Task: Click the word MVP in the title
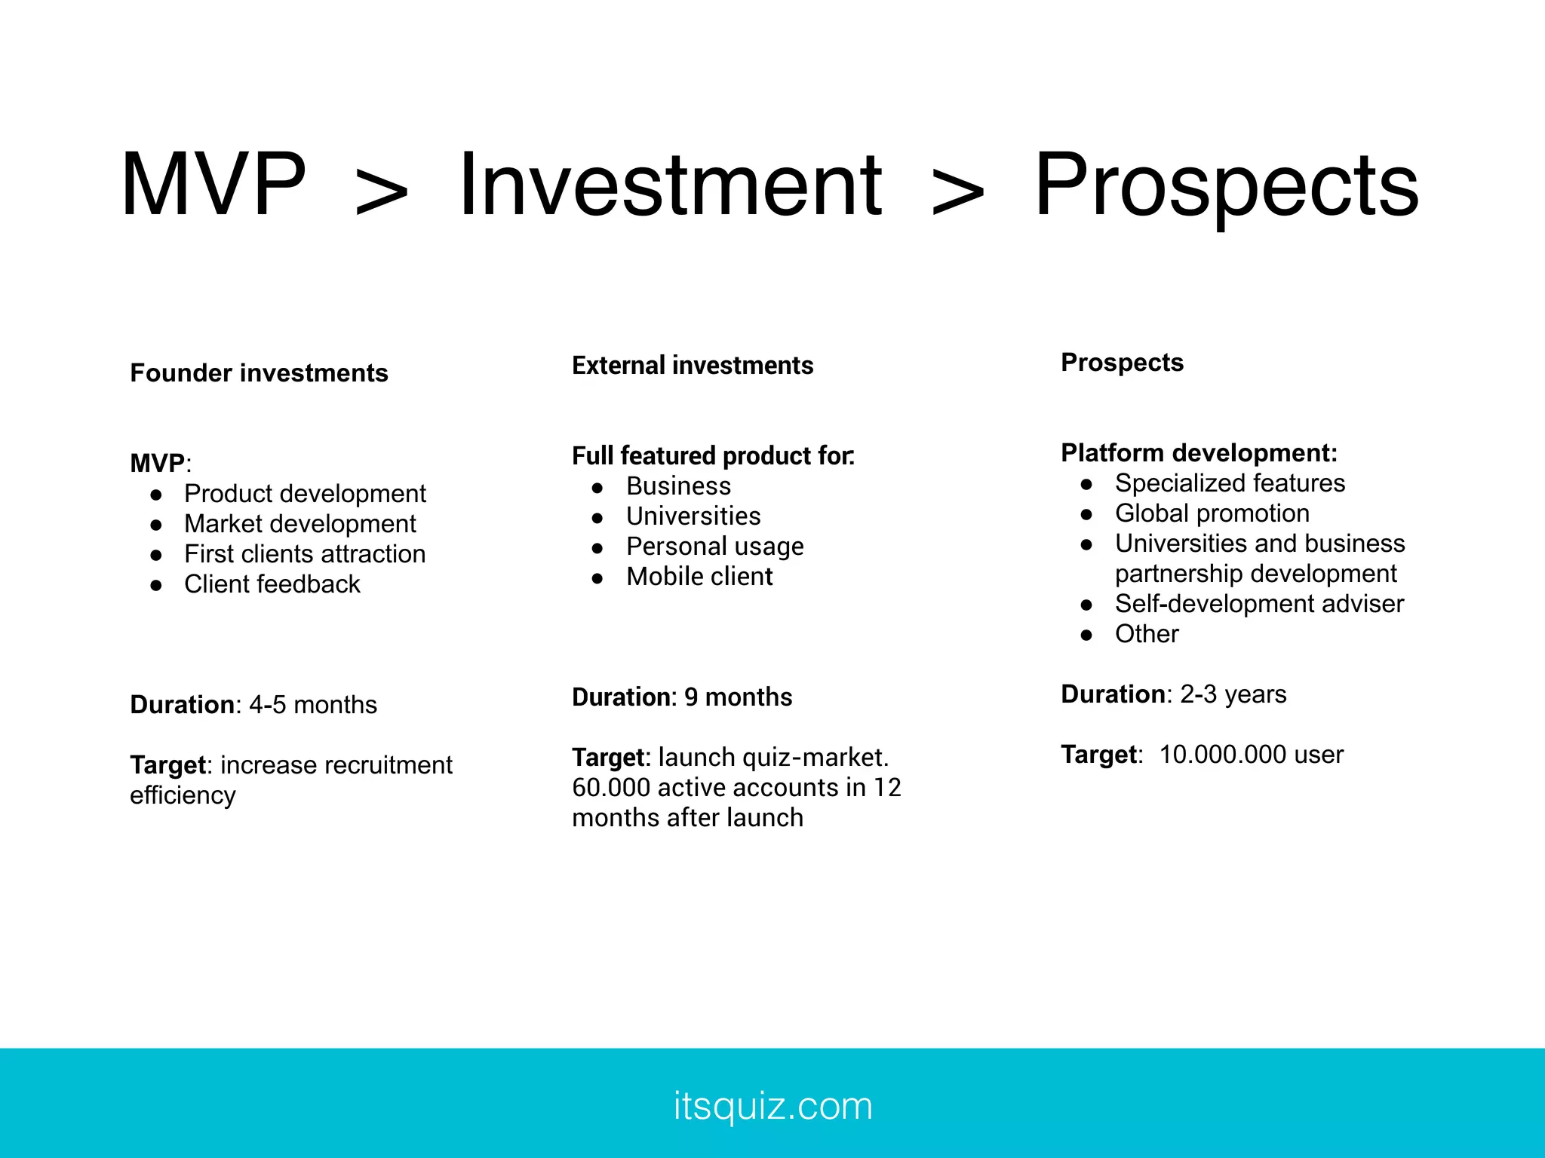[213, 185]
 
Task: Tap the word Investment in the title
[670, 185]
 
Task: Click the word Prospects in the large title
[1226, 185]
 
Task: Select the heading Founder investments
[259, 373]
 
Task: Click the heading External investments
[693, 366]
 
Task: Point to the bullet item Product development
[305, 494]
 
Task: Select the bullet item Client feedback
[272, 584]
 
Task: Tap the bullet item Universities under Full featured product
[693, 516]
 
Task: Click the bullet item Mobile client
[699, 577]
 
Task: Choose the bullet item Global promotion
[1212, 513]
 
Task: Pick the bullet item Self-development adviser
[1258, 604]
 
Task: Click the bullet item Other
[1146, 634]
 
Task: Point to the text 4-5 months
[312, 705]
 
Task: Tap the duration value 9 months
[738, 697]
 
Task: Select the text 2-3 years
[1233, 694]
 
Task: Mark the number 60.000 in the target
[610, 788]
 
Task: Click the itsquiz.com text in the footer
[772, 1106]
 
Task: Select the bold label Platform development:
[1199, 453]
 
